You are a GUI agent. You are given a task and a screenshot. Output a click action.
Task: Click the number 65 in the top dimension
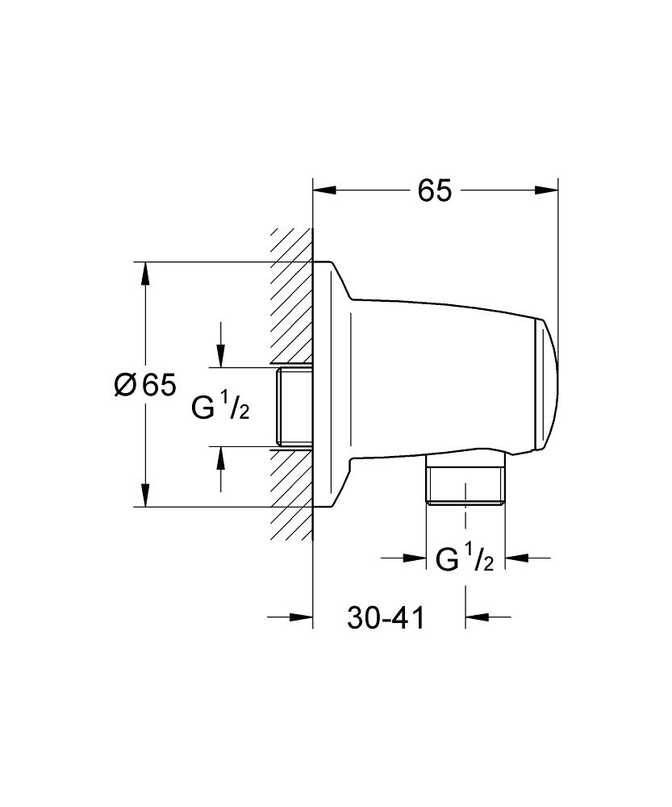click(434, 190)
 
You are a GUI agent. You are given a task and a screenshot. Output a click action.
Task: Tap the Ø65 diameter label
click(144, 386)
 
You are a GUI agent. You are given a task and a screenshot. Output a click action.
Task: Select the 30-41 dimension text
click(386, 618)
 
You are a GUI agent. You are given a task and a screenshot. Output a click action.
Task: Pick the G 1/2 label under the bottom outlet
click(465, 558)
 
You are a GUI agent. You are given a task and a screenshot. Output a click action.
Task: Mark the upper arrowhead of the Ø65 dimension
click(145, 274)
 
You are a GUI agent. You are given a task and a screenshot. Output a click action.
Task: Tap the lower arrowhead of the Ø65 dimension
click(145, 495)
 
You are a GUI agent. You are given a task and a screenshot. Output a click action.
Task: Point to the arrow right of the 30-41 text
click(477, 618)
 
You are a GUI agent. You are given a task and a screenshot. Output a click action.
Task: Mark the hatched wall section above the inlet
click(291, 299)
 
